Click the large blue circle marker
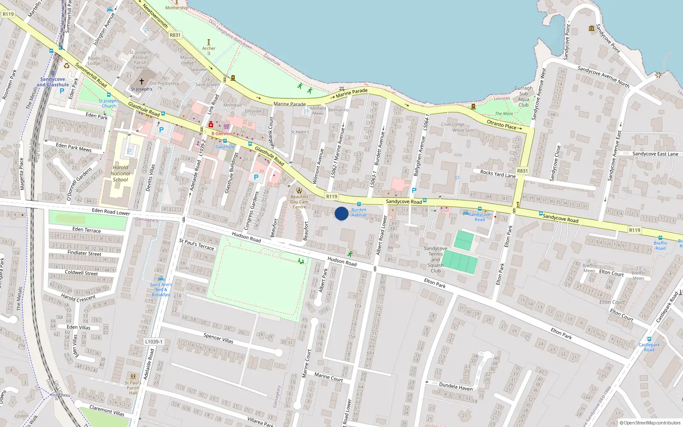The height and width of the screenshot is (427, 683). pyautogui.click(x=341, y=213)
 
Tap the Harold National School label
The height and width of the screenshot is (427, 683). pyautogui.click(x=120, y=173)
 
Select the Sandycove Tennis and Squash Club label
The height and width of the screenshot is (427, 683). pyautogui.click(x=435, y=259)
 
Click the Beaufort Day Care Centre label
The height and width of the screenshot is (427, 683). pyautogui.click(x=299, y=202)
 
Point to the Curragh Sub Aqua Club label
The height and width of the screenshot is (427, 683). pyautogui.click(x=523, y=97)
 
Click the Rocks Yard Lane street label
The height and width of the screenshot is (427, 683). pyautogui.click(x=498, y=174)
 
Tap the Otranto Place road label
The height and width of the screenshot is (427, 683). pyautogui.click(x=502, y=124)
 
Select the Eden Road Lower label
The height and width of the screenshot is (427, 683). pyautogui.click(x=111, y=212)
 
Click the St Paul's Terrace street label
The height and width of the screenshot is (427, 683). pyautogui.click(x=196, y=244)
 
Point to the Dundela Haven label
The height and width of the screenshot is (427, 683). pyautogui.click(x=456, y=386)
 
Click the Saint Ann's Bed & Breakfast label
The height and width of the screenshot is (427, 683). pyautogui.click(x=161, y=290)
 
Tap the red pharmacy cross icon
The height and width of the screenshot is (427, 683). pyautogui.click(x=211, y=124)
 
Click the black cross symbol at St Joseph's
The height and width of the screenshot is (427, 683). pyautogui.click(x=142, y=82)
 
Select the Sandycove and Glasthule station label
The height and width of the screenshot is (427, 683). pyautogui.click(x=53, y=82)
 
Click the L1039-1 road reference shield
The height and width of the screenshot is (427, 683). pyautogui.click(x=153, y=342)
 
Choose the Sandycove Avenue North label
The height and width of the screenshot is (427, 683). pyautogui.click(x=603, y=76)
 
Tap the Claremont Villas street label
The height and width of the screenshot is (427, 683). pyautogui.click(x=107, y=411)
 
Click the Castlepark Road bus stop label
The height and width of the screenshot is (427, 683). pyautogui.click(x=649, y=347)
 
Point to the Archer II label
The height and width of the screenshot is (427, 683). pyautogui.click(x=209, y=50)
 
